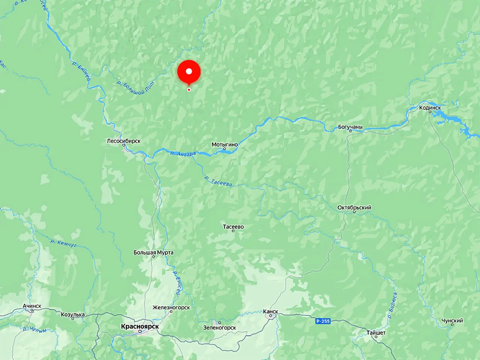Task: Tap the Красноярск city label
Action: click(x=140, y=327)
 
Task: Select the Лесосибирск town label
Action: click(x=124, y=141)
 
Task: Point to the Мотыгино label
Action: click(x=225, y=144)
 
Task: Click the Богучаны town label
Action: click(x=350, y=127)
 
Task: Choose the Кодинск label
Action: click(x=430, y=108)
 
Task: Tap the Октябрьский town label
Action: click(x=354, y=207)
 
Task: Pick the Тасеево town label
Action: click(x=233, y=227)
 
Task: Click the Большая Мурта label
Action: click(x=153, y=252)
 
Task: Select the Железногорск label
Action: click(x=171, y=307)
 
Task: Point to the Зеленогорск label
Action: click(x=220, y=327)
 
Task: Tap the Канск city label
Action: click(x=270, y=311)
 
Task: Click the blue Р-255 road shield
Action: click(x=323, y=321)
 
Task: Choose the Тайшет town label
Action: click(x=376, y=333)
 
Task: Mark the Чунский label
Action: click(x=452, y=321)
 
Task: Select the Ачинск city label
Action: click(x=32, y=306)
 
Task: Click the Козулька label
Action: click(x=73, y=315)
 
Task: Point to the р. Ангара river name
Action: click(x=183, y=153)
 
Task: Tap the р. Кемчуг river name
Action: click(x=63, y=243)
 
